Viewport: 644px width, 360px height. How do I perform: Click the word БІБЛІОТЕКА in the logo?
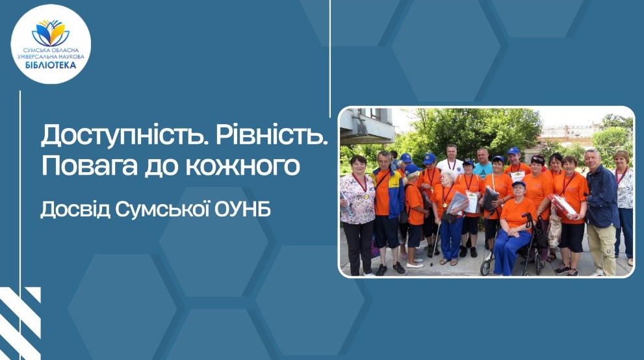51,65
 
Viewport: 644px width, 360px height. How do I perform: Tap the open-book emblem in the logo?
51,33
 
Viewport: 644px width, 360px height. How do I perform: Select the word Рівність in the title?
272,135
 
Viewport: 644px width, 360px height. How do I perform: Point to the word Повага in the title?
89,166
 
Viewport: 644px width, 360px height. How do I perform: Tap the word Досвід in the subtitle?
75,209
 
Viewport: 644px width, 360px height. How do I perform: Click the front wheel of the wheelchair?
485,267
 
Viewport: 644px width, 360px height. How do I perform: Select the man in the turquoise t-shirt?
483,163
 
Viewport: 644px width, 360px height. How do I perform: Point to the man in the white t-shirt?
450,160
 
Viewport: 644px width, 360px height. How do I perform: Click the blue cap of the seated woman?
519,183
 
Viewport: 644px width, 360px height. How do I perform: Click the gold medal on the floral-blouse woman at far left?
366,196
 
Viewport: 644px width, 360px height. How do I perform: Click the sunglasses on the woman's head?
537,159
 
